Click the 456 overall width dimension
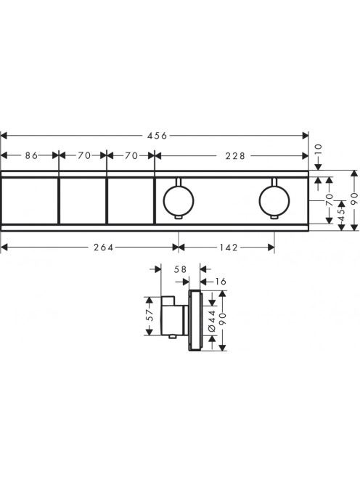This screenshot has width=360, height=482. point(157,136)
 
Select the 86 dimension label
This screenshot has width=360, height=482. point(31,155)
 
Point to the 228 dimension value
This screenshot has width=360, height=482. point(235,156)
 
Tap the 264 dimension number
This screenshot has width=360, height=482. point(104,247)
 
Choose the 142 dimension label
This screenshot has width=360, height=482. point(229,247)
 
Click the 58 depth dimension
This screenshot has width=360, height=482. point(180,269)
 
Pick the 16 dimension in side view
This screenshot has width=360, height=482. point(220,281)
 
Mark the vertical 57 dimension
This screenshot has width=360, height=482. point(150,315)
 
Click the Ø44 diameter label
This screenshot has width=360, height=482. point(212,321)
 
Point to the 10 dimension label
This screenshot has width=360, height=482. point(318,150)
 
